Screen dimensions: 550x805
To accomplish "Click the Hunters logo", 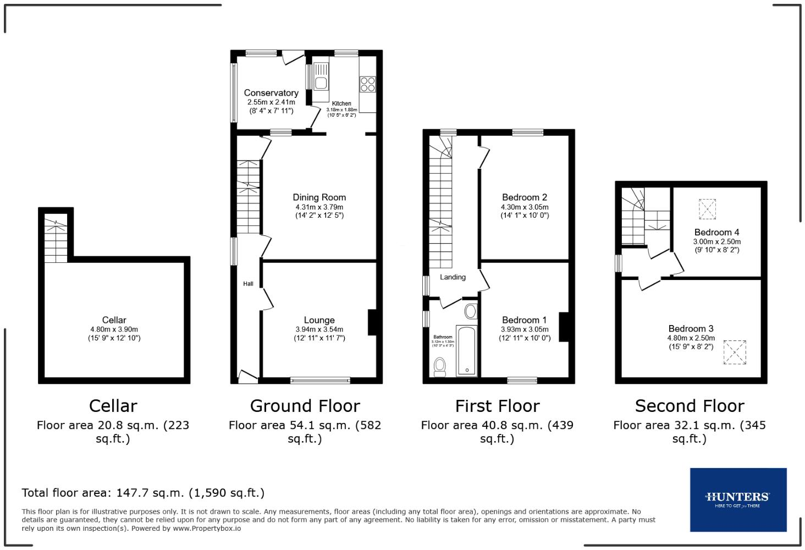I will pos(737,499).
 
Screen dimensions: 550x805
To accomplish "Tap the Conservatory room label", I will pos(271,93).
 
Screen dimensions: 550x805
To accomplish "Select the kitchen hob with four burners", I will pos(367,84).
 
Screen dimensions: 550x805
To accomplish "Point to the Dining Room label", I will pos(319,197).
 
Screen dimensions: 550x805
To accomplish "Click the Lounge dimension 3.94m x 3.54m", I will pos(319,329).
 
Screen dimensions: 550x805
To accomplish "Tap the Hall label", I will pos(249,284).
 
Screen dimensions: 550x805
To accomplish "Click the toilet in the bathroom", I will pos(440,366).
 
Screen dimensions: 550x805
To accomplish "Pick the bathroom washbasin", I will pos(471,312).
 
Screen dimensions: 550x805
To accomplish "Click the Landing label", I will pos(453,277).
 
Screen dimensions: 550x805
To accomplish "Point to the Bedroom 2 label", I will pos(524,197).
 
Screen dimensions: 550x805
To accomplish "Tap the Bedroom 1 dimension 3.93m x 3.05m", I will pos(524,329).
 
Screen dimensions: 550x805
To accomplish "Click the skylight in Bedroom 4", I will pos(708,208).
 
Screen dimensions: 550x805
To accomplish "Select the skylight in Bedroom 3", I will pos(735,352).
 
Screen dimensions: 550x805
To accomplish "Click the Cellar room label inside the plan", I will pos(114,320).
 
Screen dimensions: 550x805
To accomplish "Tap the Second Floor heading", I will pos(690,406).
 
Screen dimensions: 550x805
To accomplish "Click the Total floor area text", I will pos(143,493).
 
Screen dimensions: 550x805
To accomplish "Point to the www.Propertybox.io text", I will pos(207,528).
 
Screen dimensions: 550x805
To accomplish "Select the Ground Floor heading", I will pos(305,406).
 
